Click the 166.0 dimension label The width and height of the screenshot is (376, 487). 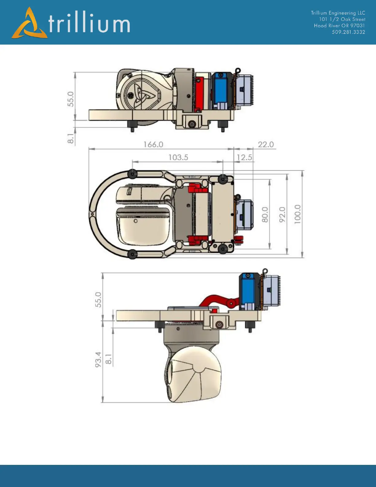point(153,144)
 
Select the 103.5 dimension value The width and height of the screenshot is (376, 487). point(178,157)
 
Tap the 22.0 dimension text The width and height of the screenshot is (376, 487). point(266,144)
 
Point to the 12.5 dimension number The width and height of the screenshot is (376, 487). point(244,157)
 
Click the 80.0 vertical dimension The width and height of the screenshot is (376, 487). point(265,215)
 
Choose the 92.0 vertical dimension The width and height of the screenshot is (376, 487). point(282,215)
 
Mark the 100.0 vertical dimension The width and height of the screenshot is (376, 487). point(297,214)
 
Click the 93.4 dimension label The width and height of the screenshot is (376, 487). point(98,360)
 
